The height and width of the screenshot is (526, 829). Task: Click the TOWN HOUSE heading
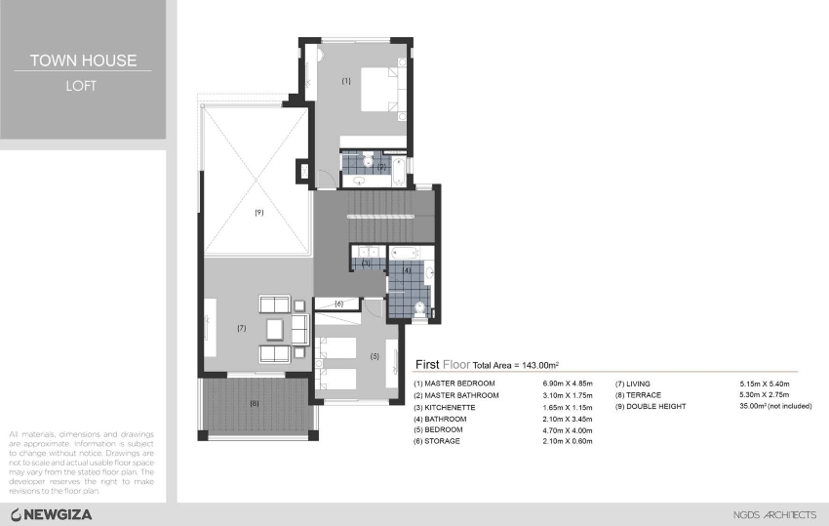click(82, 61)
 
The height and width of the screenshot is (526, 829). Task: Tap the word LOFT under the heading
click(82, 85)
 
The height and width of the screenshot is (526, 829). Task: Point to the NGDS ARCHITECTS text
click(774, 514)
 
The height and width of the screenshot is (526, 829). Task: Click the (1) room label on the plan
click(346, 81)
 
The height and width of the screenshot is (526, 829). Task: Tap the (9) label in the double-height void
click(259, 212)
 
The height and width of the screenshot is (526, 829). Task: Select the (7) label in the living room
click(241, 329)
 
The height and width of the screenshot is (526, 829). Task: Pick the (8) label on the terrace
click(255, 402)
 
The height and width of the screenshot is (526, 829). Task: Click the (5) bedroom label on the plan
click(375, 356)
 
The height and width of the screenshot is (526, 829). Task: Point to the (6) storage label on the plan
click(338, 303)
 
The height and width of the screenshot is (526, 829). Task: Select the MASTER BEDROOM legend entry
click(455, 384)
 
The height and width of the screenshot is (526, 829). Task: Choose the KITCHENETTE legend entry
click(450, 407)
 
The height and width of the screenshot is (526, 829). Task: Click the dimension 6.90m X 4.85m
click(569, 384)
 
